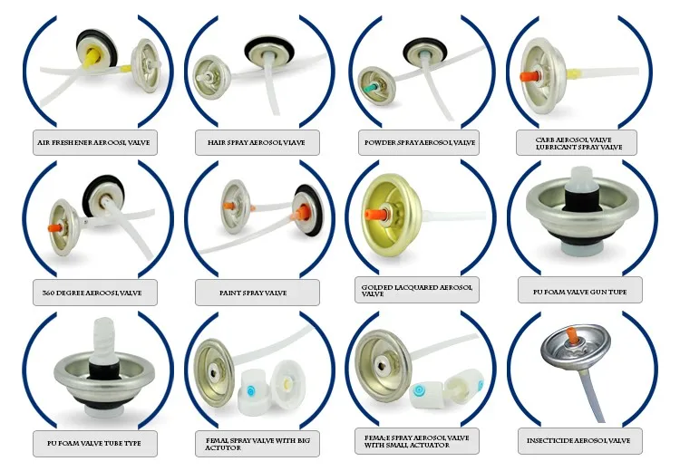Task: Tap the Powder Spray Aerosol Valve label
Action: [x=416, y=142]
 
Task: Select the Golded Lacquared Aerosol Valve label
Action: [x=416, y=290]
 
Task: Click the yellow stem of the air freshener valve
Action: [x=92, y=55]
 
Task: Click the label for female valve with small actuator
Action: [x=416, y=441]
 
